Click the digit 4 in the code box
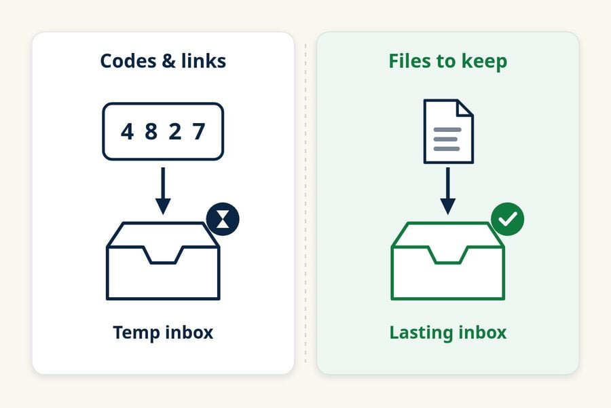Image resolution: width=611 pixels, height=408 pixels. (x=127, y=131)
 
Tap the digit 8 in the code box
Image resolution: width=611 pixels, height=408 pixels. (x=151, y=131)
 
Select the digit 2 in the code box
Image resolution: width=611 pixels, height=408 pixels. (x=175, y=131)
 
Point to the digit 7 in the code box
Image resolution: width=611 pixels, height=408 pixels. (x=199, y=131)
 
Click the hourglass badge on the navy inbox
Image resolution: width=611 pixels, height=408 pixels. (x=223, y=219)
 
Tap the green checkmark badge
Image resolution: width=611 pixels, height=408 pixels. (x=507, y=219)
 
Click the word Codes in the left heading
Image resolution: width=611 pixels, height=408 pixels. (x=128, y=61)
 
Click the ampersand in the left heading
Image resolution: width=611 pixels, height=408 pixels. (x=168, y=61)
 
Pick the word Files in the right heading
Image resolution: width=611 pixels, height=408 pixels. (x=410, y=61)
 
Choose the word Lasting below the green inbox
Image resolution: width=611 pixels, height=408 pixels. (x=421, y=333)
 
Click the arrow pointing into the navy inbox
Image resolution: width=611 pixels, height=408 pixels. (x=163, y=191)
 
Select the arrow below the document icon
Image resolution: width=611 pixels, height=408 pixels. (x=448, y=191)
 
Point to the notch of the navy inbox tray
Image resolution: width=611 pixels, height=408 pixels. (x=163, y=255)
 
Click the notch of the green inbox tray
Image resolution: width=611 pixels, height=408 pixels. (x=448, y=255)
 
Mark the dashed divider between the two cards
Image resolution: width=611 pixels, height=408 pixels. (x=305, y=203)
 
